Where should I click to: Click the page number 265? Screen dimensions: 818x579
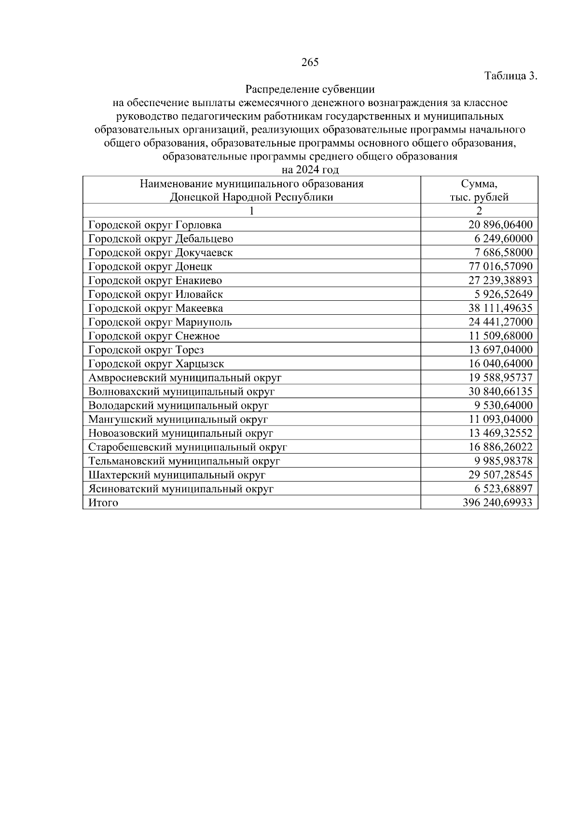[x=310, y=62]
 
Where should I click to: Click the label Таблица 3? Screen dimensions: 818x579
[x=510, y=76]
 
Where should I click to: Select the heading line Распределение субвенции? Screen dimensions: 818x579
[x=310, y=89]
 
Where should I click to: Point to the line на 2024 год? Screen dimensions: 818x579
[x=310, y=170]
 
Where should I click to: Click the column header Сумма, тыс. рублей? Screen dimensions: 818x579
[x=479, y=190]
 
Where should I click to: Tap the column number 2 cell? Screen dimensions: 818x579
[x=479, y=211]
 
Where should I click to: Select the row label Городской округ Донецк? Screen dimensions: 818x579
[x=150, y=267]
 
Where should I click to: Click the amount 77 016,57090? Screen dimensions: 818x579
[x=500, y=267]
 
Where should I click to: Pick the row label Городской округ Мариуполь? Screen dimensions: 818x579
[x=160, y=322]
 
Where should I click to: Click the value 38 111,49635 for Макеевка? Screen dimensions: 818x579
[x=500, y=308]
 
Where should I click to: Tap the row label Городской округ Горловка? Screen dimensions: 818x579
[x=155, y=225]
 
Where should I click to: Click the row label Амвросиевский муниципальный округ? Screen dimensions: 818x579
[x=185, y=378]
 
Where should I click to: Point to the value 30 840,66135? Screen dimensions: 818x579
[x=500, y=392]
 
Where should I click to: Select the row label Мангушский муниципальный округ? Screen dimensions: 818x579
[x=178, y=420]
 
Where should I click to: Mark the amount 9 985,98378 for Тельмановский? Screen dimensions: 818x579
[x=503, y=461]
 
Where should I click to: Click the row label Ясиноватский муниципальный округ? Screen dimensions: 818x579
[x=181, y=489]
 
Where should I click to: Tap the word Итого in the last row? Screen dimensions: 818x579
[x=103, y=503]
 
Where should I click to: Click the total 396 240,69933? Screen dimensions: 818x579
[x=497, y=503]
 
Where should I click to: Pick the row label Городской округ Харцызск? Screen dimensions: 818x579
[x=156, y=364]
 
